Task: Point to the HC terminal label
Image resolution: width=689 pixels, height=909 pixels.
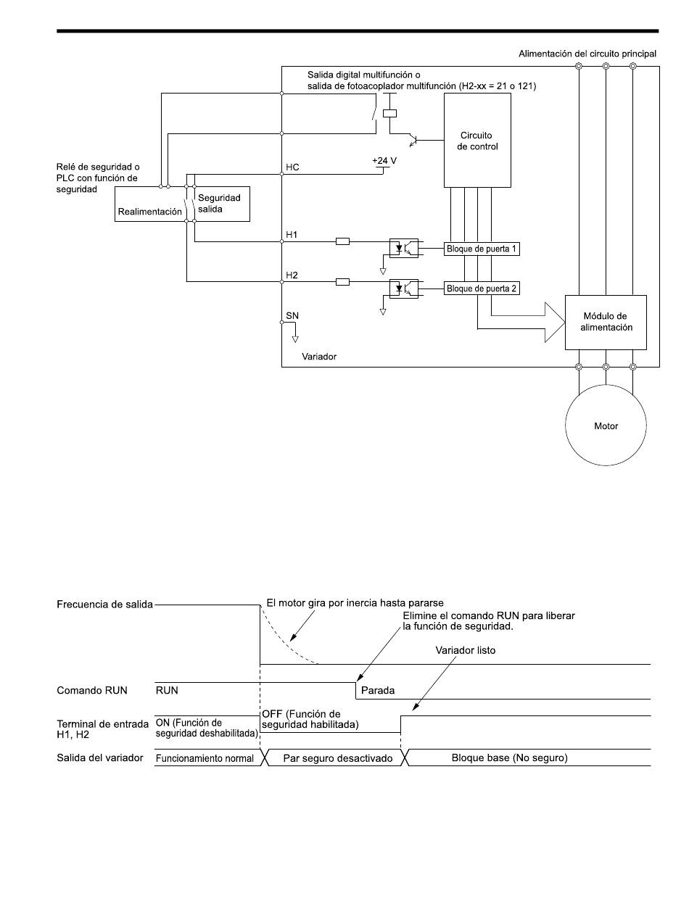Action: pyautogui.click(x=292, y=167)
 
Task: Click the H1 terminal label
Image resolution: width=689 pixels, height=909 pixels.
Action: pyautogui.click(x=292, y=235)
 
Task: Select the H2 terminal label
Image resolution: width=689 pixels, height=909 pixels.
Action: pyautogui.click(x=292, y=275)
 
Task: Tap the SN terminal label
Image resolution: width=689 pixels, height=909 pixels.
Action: pyautogui.click(x=292, y=315)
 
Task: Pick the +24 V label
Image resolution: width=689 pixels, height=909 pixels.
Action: pyautogui.click(x=384, y=160)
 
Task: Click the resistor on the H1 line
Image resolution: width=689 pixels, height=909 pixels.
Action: pyautogui.click(x=342, y=241)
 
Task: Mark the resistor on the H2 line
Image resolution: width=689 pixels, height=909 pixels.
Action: pyautogui.click(x=342, y=282)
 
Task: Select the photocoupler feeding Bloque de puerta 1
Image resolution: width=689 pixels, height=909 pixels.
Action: pyautogui.click(x=403, y=248)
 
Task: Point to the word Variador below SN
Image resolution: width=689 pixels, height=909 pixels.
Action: pyautogui.click(x=319, y=357)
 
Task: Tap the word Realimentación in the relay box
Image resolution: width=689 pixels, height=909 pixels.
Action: pyautogui.click(x=149, y=212)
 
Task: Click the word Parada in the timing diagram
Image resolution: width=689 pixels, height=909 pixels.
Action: pyautogui.click(x=377, y=690)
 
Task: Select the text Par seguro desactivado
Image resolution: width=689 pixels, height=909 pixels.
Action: pyautogui.click(x=338, y=757)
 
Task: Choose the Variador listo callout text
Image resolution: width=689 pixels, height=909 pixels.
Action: pyautogui.click(x=465, y=650)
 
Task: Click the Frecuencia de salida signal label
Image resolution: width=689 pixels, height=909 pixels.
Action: pyautogui.click(x=104, y=605)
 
